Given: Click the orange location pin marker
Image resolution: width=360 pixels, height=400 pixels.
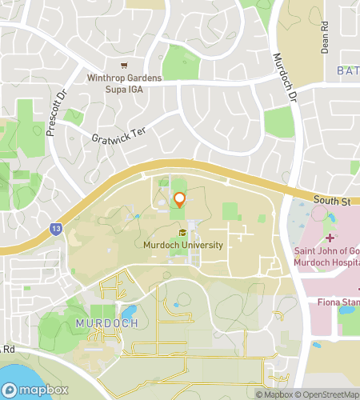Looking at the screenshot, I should click(179, 200).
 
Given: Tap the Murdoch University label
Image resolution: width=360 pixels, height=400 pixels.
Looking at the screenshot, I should click(183, 245).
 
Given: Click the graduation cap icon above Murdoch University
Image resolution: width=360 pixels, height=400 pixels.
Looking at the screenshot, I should click(183, 233).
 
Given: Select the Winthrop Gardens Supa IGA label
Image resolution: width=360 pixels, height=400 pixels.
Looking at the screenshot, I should click(124, 82).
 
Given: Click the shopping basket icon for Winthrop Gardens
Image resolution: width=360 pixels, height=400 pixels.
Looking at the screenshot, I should click(123, 66).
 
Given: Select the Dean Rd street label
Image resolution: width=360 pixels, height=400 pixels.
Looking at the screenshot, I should click(325, 37).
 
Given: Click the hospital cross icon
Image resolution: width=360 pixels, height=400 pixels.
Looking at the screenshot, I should click(330, 238).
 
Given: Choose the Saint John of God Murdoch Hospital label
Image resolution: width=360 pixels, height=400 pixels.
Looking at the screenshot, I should click(327, 259).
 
